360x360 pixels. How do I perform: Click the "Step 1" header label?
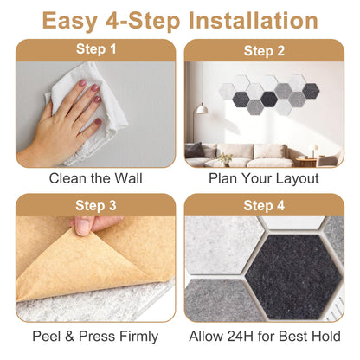96,49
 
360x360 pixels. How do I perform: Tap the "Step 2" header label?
264,51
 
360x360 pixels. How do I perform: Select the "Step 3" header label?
96,206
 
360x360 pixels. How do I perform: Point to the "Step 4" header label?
264,206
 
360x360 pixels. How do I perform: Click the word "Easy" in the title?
70,21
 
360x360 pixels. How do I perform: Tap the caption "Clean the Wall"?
95,178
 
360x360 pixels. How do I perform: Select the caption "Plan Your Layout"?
264,178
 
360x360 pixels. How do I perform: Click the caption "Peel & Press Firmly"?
95,337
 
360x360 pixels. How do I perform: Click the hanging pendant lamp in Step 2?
202,109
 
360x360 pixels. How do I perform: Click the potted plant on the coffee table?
225,159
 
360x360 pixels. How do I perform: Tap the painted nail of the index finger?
83,83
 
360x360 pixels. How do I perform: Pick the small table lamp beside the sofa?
312,151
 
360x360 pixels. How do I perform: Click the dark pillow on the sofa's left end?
194,150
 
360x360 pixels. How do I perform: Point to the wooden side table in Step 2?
306,162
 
